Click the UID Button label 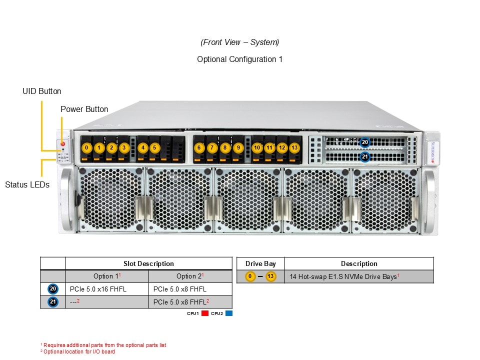pos(42,91)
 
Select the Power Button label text pos(84,109)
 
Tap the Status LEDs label pos(27,184)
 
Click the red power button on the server pos(62,144)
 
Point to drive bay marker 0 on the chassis pos(87,147)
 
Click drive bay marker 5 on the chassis pos(155,147)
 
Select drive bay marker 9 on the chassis pos(238,147)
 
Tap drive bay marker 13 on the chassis pos(294,147)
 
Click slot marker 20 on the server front pos(365,142)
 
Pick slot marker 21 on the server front pos(365,157)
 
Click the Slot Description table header pos(148,263)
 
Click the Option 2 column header pos(190,276)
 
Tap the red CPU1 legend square pos(204,313)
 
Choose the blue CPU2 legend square pos(229,313)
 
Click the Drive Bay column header pos(260,263)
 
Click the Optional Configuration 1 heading pos(239,59)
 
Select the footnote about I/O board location pos(78,351)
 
